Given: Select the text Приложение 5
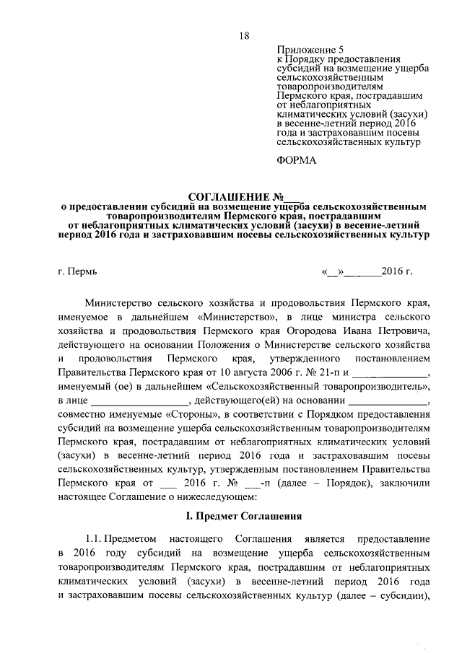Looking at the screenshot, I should [x=303, y=48].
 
